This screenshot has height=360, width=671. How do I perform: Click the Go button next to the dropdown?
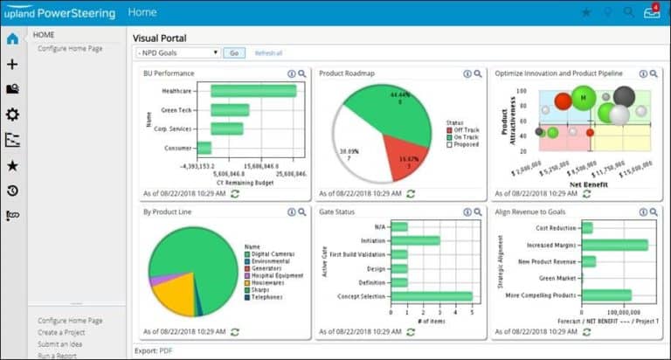[233, 53]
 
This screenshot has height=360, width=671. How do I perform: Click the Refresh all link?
[268, 53]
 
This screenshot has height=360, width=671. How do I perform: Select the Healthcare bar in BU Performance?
[253, 90]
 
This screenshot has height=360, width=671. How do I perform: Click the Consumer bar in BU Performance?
[204, 148]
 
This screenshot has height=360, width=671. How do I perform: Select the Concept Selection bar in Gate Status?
[431, 296]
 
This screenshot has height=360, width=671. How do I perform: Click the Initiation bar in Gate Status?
[415, 240]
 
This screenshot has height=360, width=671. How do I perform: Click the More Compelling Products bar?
[605, 295]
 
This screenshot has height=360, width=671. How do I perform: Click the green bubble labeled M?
[583, 97]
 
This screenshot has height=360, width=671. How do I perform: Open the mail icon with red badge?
[651, 12]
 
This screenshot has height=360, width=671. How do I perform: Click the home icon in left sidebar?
[12, 38]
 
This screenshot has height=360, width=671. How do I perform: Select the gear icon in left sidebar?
[12, 114]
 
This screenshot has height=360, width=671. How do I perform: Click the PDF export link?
[165, 350]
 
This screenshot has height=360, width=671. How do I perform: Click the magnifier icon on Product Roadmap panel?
[478, 74]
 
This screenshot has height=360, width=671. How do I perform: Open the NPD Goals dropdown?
[177, 53]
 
